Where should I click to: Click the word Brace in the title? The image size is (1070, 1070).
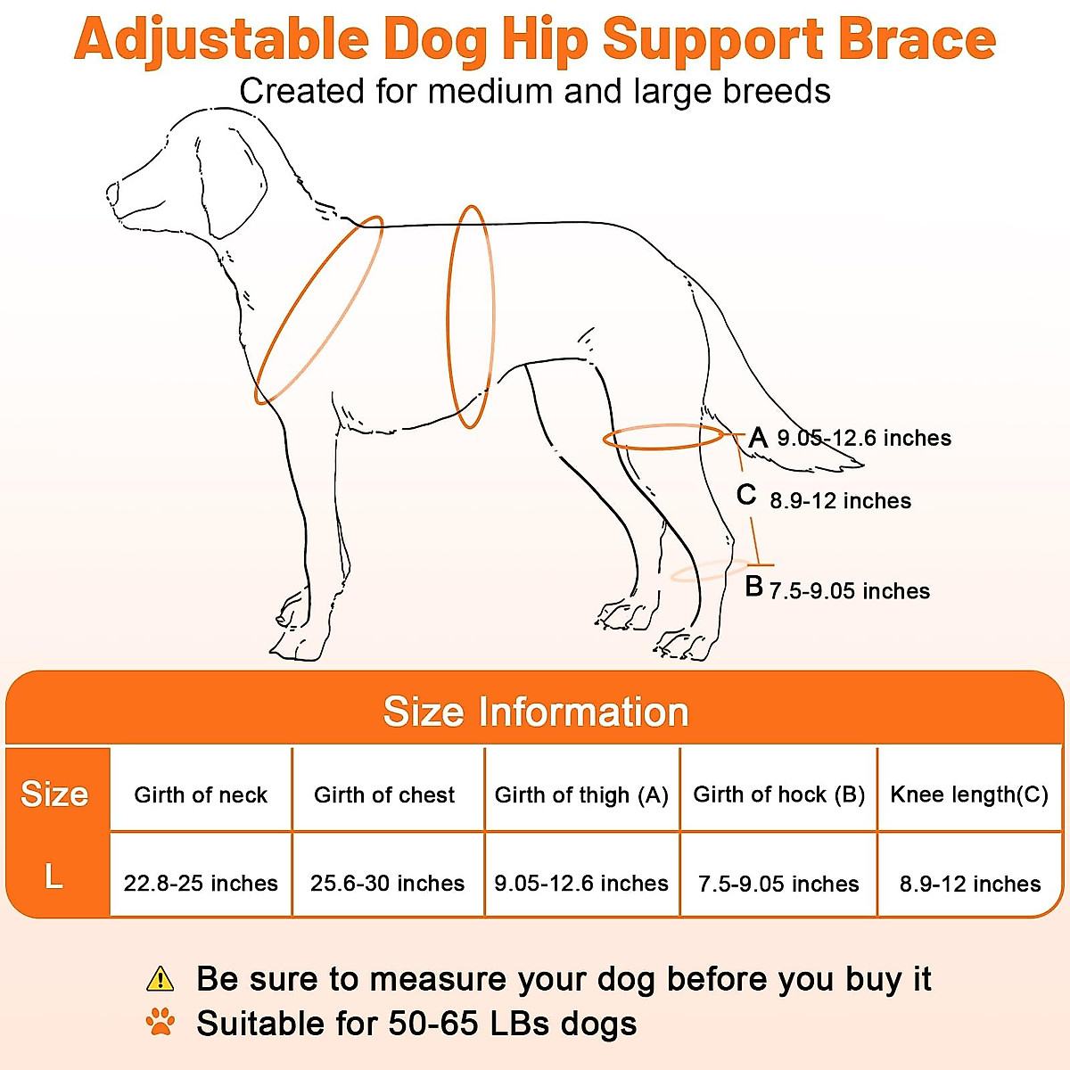(917, 39)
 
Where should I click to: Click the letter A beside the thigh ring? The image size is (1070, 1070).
(758, 438)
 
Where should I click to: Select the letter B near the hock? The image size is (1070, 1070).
(754, 586)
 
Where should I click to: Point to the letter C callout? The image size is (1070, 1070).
(746, 494)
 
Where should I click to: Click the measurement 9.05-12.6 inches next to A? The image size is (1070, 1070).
(864, 438)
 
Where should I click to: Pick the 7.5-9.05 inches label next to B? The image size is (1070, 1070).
(850, 591)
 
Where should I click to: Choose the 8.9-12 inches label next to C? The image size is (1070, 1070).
(841, 501)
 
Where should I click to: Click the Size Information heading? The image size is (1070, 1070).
(536, 712)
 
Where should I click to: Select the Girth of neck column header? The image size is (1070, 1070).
(201, 794)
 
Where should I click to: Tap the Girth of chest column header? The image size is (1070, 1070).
(384, 794)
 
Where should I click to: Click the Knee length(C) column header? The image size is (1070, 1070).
(969, 794)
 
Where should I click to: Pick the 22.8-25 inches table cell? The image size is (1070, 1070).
(201, 883)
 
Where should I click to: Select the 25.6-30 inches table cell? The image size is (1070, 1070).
(388, 883)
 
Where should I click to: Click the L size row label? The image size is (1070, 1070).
(53, 877)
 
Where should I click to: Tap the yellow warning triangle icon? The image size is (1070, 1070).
(160, 978)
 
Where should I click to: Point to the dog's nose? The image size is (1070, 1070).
(112, 193)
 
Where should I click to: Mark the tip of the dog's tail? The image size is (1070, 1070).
(863, 465)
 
